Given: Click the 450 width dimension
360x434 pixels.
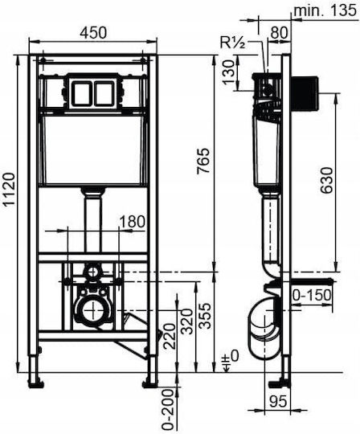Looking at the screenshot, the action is coord(93,33).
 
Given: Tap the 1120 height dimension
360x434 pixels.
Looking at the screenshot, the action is coord(9,189).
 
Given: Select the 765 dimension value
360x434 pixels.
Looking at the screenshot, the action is coord(203,161).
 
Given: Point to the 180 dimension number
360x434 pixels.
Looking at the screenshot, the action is coord(133,222).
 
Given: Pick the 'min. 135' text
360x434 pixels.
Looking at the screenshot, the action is coord(325,10).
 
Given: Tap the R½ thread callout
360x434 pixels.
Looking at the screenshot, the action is coord(232,43).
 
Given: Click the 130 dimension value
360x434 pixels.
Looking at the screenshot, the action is coord(228,72).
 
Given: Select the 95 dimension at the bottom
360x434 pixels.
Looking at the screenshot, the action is coord(278,402).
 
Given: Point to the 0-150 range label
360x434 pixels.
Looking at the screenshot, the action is coord(312,295).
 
